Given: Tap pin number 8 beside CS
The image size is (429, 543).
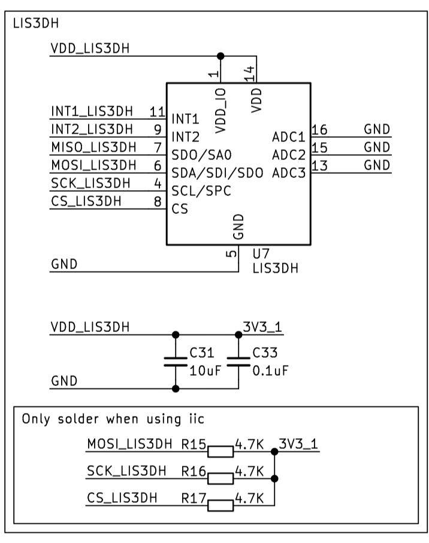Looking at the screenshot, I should pyautogui.click(x=157, y=201).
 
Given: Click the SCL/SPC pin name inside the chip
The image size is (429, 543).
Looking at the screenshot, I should pyautogui.click(x=201, y=192).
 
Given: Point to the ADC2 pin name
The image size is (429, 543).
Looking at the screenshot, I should pyautogui.click(x=289, y=155).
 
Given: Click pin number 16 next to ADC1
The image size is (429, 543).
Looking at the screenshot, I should pyautogui.click(x=319, y=129).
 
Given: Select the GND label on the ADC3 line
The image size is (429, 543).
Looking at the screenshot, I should pyautogui.click(x=377, y=165).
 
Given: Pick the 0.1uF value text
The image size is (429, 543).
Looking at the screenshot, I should pyautogui.click(x=270, y=370).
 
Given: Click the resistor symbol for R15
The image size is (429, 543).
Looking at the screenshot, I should pyautogui.click(x=220, y=451).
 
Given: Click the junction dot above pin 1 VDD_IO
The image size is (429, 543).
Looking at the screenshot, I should pyautogui.click(x=220, y=56).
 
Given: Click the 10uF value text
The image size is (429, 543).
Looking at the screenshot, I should pyautogui.click(x=206, y=370).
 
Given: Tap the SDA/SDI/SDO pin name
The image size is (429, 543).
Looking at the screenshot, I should pyautogui.click(x=217, y=174).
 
